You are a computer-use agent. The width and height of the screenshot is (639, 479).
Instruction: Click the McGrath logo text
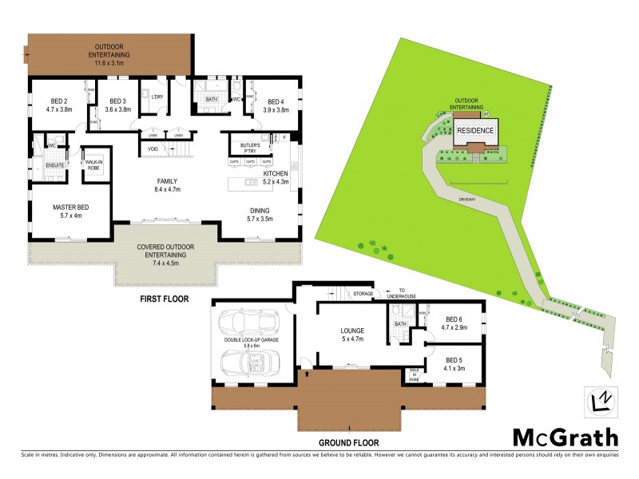[x=565, y=437]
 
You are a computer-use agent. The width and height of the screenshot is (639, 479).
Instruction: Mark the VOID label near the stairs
[x=153, y=148]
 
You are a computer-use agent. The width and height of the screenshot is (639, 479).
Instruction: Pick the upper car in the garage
[x=247, y=321]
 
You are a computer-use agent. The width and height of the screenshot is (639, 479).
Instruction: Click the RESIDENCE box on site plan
[x=475, y=130]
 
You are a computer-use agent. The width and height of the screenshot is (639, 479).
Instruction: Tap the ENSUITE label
[x=55, y=165]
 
